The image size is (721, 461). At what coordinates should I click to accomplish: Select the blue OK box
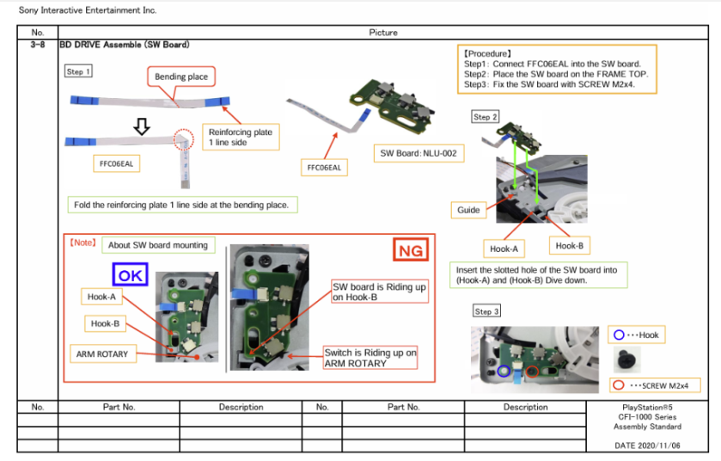[131, 274]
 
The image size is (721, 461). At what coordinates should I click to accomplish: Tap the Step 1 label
[78, 72]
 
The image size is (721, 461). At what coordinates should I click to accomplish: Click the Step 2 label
[485, 117]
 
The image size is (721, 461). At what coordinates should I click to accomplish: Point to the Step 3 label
[486, 311]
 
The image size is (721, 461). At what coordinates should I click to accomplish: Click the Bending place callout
[180, 77]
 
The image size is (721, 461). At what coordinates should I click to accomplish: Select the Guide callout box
[467, 209]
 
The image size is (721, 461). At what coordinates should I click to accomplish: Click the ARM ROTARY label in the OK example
[102, 353]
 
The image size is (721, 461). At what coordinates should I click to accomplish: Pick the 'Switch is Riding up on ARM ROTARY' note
[370, 358]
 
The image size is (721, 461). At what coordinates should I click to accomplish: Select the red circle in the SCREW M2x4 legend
[618, 384]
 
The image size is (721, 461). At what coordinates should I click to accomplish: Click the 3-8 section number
[37, 44]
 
